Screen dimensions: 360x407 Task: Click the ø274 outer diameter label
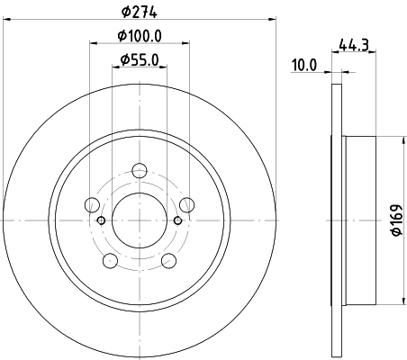pyautogui.click(x=140, y=13)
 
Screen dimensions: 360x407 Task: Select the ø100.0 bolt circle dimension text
pyautogui.click(x=140, y=36)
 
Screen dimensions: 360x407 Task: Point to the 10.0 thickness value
pyautogui.click(x=305, y=64)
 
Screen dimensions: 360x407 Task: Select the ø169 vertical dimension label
pyautogui.click(x=394, y=219)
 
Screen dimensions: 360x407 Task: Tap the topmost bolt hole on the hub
pyautogui.click(x=140, y=170)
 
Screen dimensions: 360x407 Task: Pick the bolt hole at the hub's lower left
pyautogui.click(x=111, y=260)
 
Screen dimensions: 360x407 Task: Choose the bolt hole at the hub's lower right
pyautogui.click(x=168, y=260)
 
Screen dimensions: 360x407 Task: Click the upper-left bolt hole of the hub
pyautogui.click(x=94, y=204)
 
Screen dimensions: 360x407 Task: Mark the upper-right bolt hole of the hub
pyautogui.click(x=185, y=204)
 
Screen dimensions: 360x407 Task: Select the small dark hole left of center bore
pyautogui.click(x=101, y=220)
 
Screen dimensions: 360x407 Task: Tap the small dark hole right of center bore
pyautogui.click(x=178, y=220)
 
